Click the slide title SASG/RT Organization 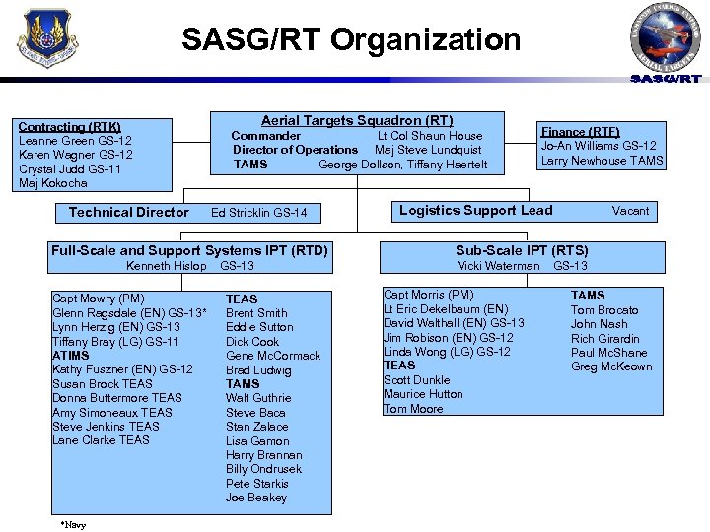point(351,40)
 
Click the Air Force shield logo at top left point(42,40)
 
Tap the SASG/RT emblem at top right point(666,41)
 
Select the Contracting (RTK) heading point(69,127)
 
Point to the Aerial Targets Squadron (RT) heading point(357,120)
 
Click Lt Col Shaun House point(430,136)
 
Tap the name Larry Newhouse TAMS point(602,161)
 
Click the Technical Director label point(129,213)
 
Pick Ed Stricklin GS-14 point(259,213)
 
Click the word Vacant point(630,211)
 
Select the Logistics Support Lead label point(475,211)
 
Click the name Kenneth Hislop point(167,266)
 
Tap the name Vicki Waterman point(498,266)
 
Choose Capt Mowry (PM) point(99,299)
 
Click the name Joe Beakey point(256,498)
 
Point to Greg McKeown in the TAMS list point(611,366)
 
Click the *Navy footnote point(72,525)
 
